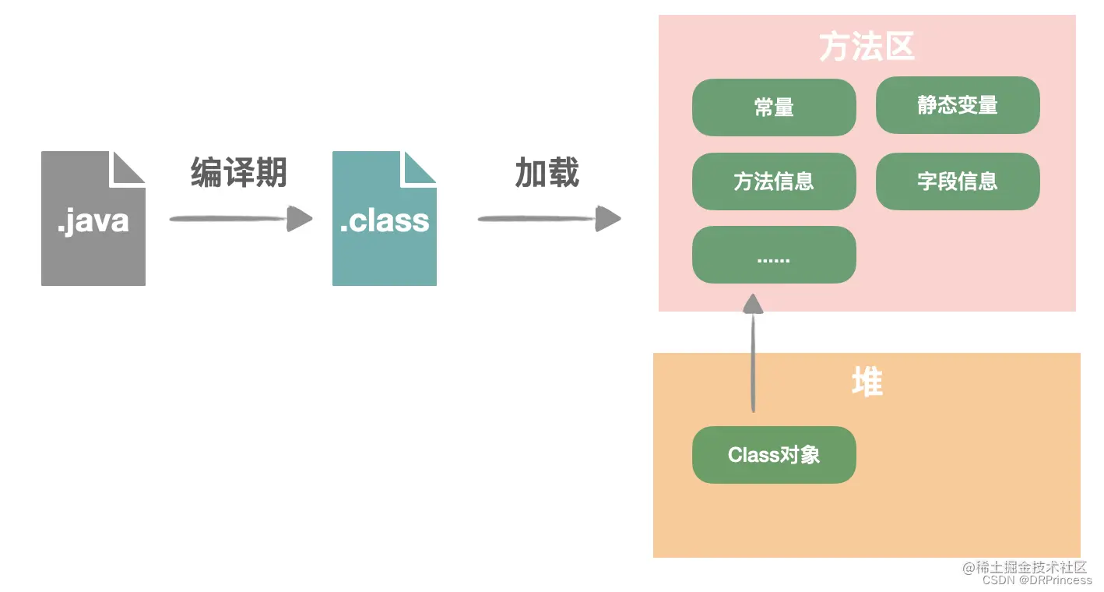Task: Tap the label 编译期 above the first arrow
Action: (239, 172)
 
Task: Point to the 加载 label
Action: (547, 172)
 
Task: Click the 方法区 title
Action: (867, 48)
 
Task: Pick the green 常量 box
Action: (774, 107)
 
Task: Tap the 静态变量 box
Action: (958, 105)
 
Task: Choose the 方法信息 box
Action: (774, 181)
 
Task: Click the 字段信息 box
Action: (958, 181)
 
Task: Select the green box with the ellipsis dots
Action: (774, 255)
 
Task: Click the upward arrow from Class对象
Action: (753, 358)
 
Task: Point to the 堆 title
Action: (867, 382)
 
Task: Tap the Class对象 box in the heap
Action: (774, 455)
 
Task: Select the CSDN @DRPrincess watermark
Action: (1037, 580)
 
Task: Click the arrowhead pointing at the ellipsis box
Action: (753, 303)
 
